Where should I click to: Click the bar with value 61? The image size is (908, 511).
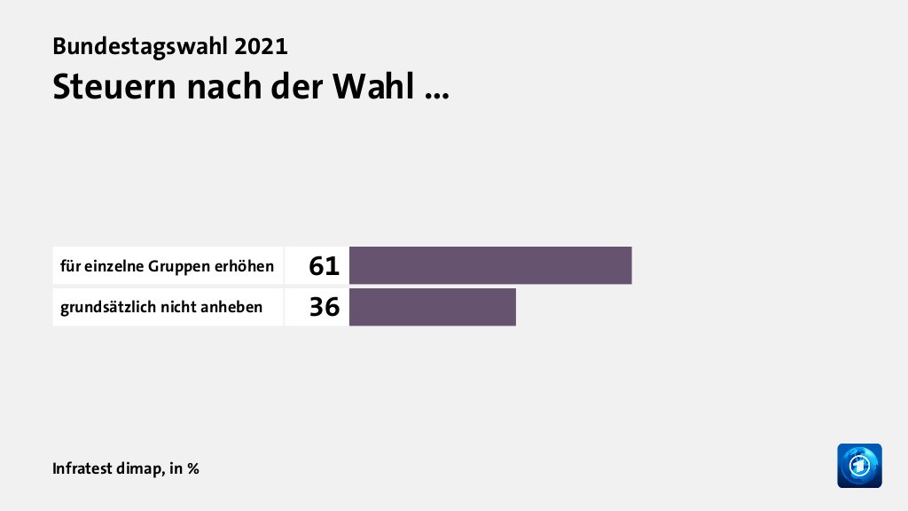pos(490,265)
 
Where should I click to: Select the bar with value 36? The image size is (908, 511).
pos(432,307)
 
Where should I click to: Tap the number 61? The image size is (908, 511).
pos(325,265)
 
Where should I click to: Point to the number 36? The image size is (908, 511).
pos(325,307)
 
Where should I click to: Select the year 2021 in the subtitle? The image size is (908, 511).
pos(263,46)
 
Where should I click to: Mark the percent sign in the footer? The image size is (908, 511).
pos(192,468)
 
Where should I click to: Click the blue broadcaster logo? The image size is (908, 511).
pos(859,466)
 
